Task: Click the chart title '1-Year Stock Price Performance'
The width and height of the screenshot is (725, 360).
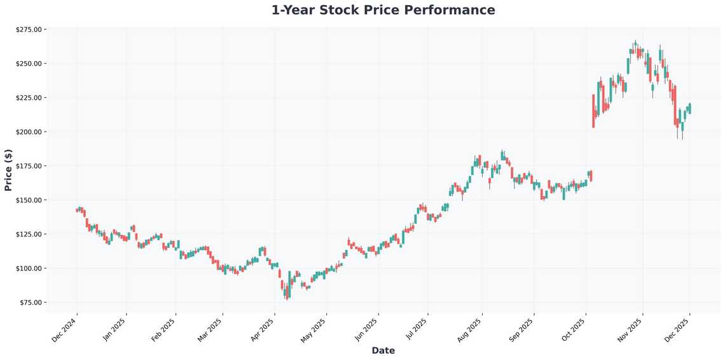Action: [x=383, y=10]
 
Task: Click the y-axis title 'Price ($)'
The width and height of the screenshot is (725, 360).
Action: [x=8, y=170]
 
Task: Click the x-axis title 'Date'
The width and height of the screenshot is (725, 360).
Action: [x=383, y=350]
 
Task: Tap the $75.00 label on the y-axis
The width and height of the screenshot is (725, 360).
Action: [x=30, y=302]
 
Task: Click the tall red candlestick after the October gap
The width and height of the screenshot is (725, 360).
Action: [x=593, y=111]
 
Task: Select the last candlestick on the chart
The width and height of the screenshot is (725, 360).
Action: [x=690, y=108]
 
